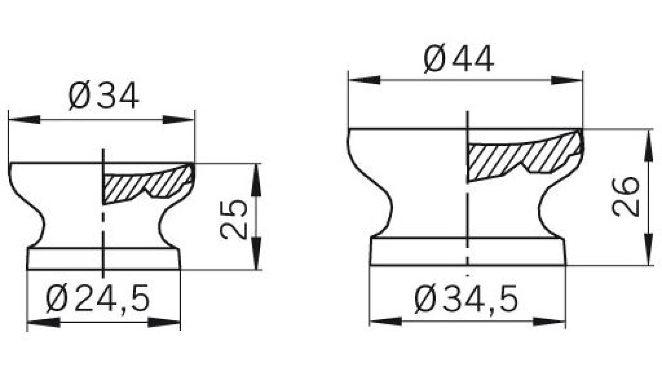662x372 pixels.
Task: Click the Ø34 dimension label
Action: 104,95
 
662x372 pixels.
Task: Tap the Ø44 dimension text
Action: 459,58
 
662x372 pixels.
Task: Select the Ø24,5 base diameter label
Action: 98,298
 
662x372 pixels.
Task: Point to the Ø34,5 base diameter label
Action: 466,299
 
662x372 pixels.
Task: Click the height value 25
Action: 233,219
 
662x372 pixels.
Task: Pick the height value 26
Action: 625,197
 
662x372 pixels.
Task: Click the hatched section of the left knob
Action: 148,186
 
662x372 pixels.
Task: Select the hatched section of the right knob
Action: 523,155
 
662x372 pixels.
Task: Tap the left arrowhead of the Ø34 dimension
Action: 24,119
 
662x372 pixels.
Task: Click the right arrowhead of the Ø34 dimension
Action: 179,119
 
